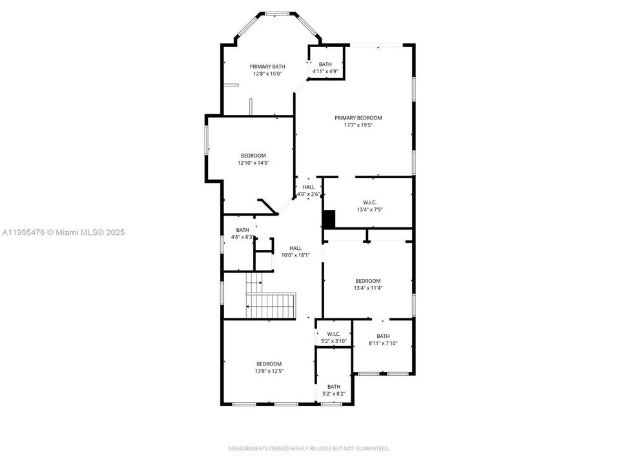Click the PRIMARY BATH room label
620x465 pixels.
pyautogui.click(x=267, y=67)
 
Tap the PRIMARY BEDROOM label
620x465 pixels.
pyautogui.click(x=358, y=118)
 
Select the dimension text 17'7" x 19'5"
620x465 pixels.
pyautogui.click(x=358, y=125)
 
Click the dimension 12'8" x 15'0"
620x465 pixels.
pyautogui.click(x=267, y=74)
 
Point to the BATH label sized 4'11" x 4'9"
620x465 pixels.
pyautogui.click(x=325, y=64)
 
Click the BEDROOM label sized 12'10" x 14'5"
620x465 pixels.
pyautogui.click(x=253, y=156)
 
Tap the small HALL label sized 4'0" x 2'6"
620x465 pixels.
pyautogui.click(x=308, y=187)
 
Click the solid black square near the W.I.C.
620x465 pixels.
pyautogui.click(x=329, y=219)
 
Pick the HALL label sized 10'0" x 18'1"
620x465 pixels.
pyautogui.click(x=295, y=248)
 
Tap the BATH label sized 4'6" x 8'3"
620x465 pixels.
pyautogui.click(x=242, y=230)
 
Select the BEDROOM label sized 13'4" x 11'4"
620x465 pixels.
pyautogui.click(x=367, y=281)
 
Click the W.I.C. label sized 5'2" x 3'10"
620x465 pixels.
pyautogui.click(x=333, y=334)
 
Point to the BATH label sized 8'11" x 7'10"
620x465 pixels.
pyautogui.click(x=383, y=336)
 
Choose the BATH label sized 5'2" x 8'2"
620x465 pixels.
pyautogui.click(x=333, y=387)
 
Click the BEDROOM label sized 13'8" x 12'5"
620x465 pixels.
pyautogui.click(x=269, y=364)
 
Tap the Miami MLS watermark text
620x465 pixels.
pyautogui.click(x=63, y=232)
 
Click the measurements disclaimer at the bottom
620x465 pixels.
pyautogui.click(x=309, y=448)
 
